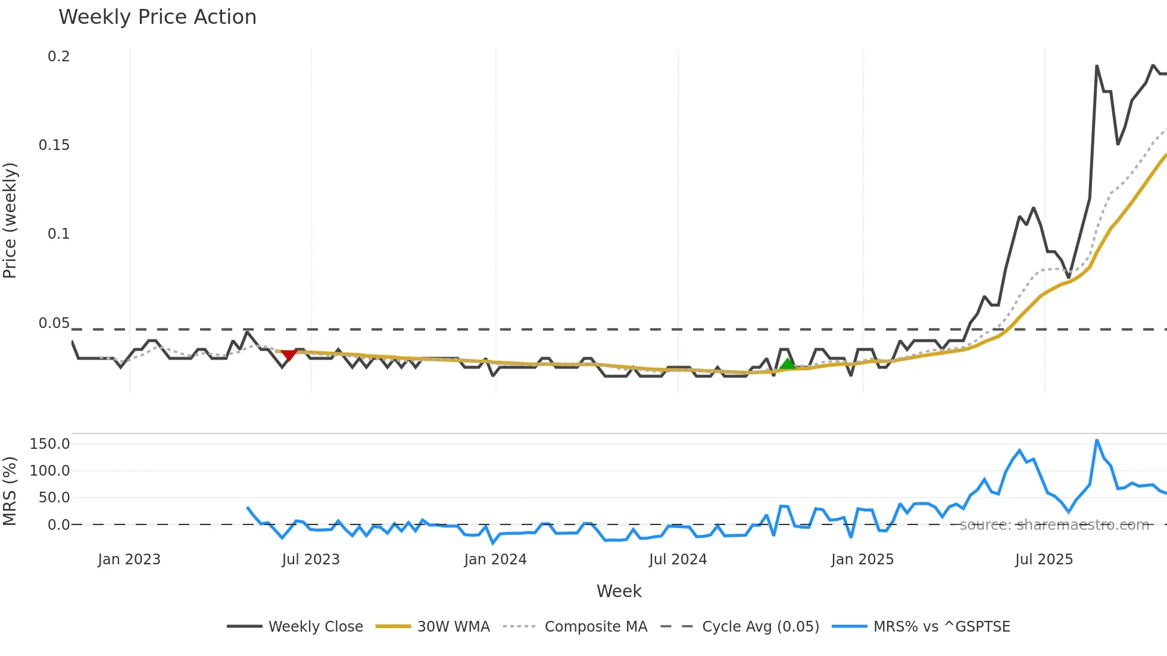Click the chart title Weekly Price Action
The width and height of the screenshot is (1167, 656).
point(157,17)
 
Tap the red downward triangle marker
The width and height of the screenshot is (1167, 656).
point(289,355)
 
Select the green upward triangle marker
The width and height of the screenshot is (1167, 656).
point(788,364)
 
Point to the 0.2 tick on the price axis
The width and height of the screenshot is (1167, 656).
point(59,57)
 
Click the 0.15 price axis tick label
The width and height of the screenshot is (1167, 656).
point(54,145)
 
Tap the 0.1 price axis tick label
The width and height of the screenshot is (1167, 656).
point(59,234)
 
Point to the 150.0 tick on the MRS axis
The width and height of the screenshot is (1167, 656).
point(50,444)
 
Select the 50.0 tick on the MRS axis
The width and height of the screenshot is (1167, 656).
point(54,498)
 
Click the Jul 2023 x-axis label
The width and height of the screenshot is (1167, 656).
point(311,560)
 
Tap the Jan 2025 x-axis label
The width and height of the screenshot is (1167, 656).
point(862,560)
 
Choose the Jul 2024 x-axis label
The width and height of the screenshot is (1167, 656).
point(678,560)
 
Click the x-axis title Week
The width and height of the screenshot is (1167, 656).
point(619,591)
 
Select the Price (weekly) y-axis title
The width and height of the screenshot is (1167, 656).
point(10,220)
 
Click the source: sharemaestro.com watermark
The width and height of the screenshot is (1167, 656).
point(1054,525)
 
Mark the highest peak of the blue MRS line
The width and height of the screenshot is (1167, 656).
point(1097,441)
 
